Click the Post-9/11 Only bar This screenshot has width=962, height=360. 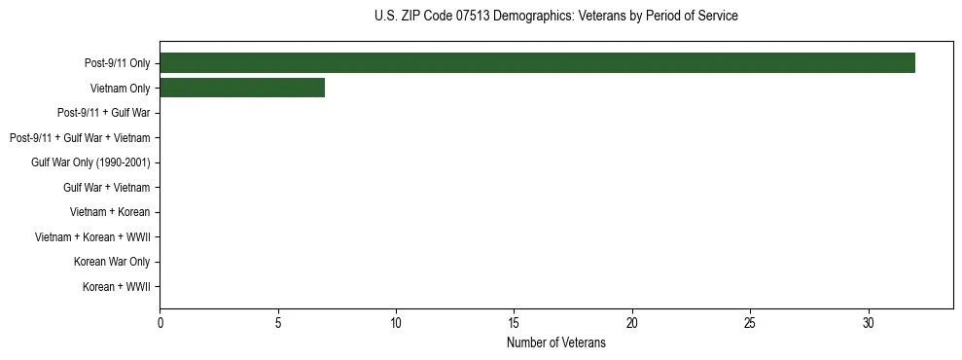[537, 63]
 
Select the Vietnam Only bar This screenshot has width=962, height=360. [242, 89]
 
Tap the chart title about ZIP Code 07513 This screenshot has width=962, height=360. [555, 17]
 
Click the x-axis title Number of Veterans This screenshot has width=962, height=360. [555, 343]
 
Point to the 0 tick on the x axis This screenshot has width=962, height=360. [160, 322]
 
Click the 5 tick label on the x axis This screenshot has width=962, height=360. [278, 322]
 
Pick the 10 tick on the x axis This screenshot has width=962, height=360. [396, 322]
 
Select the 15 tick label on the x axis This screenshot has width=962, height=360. [515, 322]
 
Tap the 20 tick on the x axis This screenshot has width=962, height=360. [632, 322]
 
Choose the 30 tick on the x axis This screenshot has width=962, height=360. [869, 322]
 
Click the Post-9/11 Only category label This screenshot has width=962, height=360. [117, 64]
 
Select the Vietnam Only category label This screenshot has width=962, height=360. [120, 89]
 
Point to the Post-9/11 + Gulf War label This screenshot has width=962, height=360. [103, 114]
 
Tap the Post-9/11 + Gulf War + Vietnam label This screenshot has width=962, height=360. [80, 138]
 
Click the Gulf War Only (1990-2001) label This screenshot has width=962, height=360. [90, 162]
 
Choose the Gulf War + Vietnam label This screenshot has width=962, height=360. [106, 188]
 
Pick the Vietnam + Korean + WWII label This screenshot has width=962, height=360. [92, 237]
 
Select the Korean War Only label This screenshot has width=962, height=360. [112, 262]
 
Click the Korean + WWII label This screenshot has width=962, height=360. [116, 287]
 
